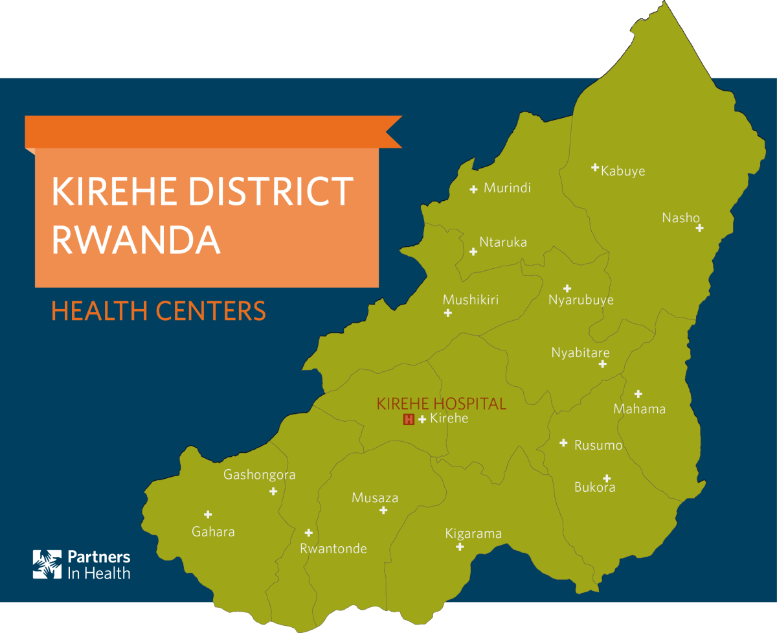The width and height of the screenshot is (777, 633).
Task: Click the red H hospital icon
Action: [409, 419]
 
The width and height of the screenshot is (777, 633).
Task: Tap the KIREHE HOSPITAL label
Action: [441, 404]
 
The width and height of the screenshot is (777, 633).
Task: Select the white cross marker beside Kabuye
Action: [595, 168]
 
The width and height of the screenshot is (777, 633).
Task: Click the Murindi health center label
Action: [507, 188]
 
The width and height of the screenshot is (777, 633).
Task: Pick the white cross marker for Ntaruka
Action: [473, 251]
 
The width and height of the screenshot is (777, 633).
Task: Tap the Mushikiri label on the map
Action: [470, 299]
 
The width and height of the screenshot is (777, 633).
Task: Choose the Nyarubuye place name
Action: [581, 300]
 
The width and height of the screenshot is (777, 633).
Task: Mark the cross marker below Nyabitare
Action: [602, 364]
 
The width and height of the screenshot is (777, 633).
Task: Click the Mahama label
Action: [639, 409]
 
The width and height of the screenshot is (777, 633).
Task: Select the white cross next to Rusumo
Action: [563, 443]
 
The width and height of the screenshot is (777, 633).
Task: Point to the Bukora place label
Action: [594, 487]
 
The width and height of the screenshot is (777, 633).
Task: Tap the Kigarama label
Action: [473, 534]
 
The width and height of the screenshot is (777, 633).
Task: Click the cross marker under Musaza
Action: [383, 511]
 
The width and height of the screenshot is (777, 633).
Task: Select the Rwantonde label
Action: [333, 549]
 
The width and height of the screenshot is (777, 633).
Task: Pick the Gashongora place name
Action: [259, 475]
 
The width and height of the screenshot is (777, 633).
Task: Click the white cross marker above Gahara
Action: [208, 514]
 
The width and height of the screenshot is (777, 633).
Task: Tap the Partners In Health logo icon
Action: [47, 564]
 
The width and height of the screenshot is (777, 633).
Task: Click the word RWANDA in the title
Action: [135, 240]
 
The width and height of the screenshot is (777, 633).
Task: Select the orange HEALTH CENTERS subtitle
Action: [159, 311]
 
